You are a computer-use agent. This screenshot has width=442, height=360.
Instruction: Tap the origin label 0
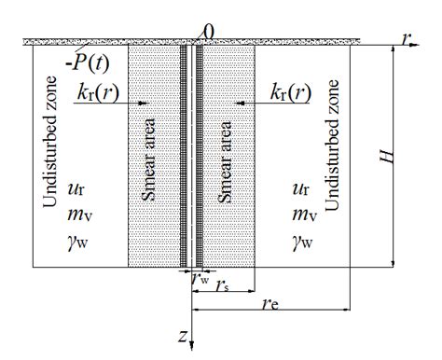pyautogui.click(x=209, y=33)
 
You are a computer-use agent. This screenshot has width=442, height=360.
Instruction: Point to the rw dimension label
pyautogui.click(x=200, y=276)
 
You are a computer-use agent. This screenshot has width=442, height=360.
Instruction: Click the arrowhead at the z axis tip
pyautogui.click(x=191, y=347)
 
